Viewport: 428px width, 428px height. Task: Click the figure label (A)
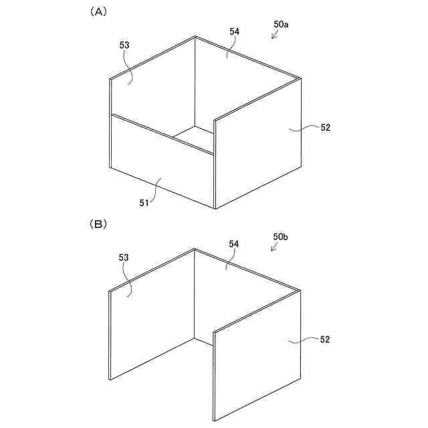[98, 12]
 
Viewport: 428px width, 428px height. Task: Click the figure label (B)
[98, 225]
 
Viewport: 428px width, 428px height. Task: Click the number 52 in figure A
[326, 128]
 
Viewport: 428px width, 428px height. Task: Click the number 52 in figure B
[326, 340]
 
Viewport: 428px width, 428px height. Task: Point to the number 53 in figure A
[124, 45]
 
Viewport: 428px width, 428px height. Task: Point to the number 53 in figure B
[124, 257]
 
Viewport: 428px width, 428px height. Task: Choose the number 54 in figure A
[234, 31]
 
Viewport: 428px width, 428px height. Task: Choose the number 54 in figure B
[234, 245]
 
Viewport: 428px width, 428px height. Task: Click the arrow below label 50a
[274, 35]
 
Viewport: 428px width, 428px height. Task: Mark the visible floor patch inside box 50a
[194, 137]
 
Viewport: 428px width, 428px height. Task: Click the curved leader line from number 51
[156, 190]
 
